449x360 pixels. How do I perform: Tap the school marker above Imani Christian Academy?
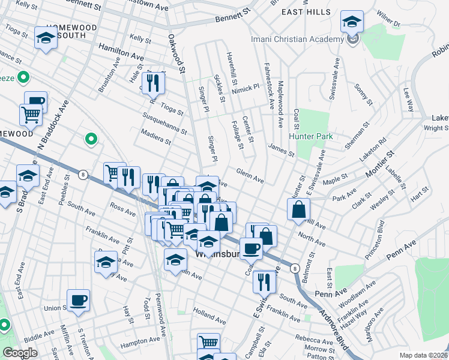click(352, 23)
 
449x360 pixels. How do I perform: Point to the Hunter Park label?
click(311, 136)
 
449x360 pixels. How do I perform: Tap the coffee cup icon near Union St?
click(78, 300)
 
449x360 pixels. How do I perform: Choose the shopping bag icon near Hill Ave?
click(298, 210)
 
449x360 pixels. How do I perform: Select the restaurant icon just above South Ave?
click(264, 281)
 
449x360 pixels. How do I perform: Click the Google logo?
click(20, 353)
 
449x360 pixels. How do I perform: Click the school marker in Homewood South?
click(46, 39)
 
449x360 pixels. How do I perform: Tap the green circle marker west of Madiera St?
click(91, 139)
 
